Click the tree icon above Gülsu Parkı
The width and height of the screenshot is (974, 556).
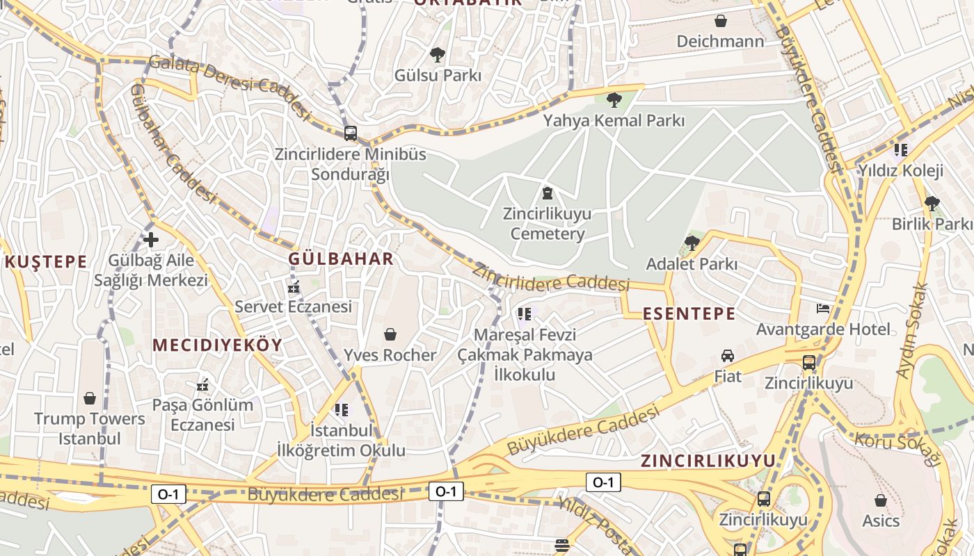pos(438,55)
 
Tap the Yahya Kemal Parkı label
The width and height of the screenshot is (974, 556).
pos(614,120)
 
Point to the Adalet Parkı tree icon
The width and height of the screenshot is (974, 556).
pos(692,243)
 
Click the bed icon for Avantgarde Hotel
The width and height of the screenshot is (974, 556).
pos(823,308)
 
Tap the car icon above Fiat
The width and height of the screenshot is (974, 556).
pos(728,356)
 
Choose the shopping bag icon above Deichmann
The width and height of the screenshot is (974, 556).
pos(721,21)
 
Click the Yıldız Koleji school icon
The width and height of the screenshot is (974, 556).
pos(901,149)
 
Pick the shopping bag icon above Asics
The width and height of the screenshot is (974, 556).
pos(881,500)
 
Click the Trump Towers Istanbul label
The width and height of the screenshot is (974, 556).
pos(90,428)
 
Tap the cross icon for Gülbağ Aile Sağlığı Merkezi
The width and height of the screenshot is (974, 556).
pos(151,240)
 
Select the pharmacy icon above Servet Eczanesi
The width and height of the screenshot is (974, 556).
pos(293,286)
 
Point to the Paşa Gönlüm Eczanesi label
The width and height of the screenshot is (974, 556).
pos(203,414)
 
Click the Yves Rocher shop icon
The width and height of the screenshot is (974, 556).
pos(390,335)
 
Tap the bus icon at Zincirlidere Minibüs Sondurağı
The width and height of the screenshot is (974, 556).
pos(351,133)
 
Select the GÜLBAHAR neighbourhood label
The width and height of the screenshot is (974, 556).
pos(341,259)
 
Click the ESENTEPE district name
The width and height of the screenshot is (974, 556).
pos(689,313)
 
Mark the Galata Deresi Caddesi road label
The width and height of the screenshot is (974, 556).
pos(230,85)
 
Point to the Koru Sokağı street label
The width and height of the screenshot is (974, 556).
pos(897,448)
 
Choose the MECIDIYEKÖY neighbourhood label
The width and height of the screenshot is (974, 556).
pos(217,345)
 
